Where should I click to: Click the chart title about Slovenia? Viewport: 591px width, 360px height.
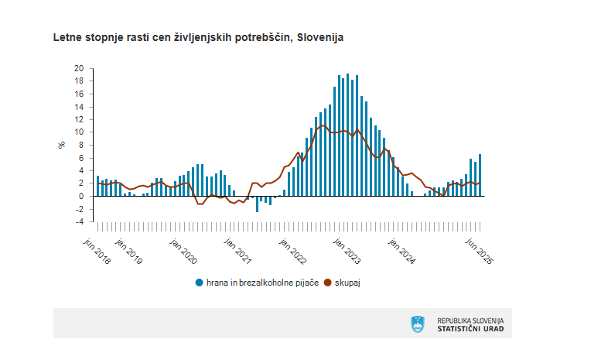[x=198, y=37]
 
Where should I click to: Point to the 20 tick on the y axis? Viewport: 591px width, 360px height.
[x=78, y=68]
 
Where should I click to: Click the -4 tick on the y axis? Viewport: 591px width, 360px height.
[x=78, y=221]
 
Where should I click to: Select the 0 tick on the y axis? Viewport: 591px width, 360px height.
[x=80, y=196]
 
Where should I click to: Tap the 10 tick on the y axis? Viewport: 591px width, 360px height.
[x=78, y=132]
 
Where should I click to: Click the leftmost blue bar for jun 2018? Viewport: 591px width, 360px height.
[x=97, y=187]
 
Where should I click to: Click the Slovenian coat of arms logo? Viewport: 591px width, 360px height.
[x=418, y=324]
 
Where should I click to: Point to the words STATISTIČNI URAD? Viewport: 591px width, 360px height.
[x=470, y=328]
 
